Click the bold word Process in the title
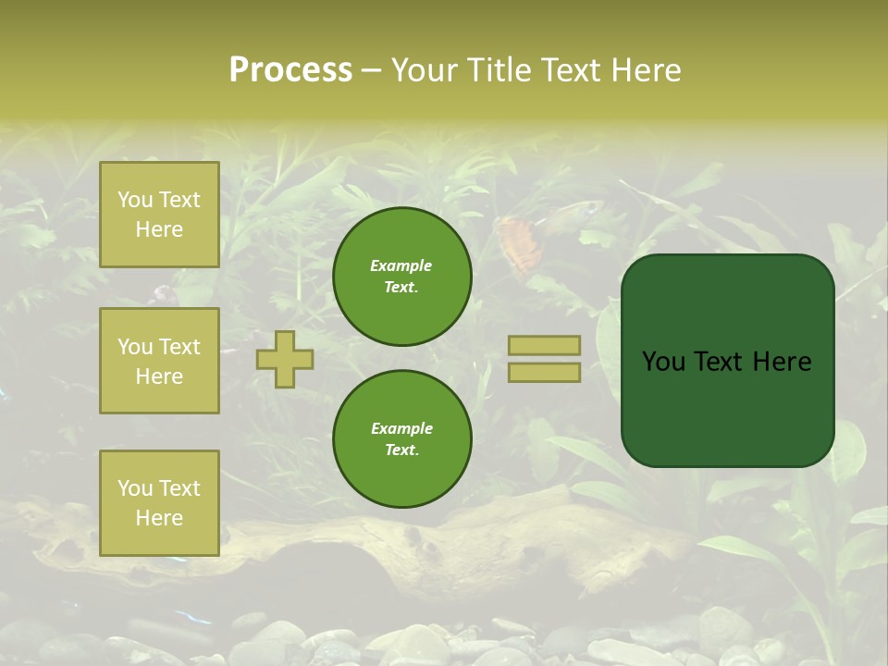pyautogui.click(x=290, y=70)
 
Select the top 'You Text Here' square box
pyautogui.click(x=159, y=215)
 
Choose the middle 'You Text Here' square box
pyautogui.click(x=159, y=361)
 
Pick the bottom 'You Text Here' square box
pyautogui.click(x=159, y=503)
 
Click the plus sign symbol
pyautogui.click(x=285, y=359)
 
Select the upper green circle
pyautogui.click(x=401, y=276)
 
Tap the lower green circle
pyautogui.click(x=401, y=438)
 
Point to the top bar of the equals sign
pyautogui.click(x=544, y=345)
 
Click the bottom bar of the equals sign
pyautogui.click(x=544, y=373)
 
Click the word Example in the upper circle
pyautogui.click(x=401, y=265)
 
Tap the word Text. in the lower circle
pyautogui.click(x=401, y=450)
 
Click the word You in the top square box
pyautogui.click(x=135, y=200)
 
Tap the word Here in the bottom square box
pyautogui.click(x=159, y=518)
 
